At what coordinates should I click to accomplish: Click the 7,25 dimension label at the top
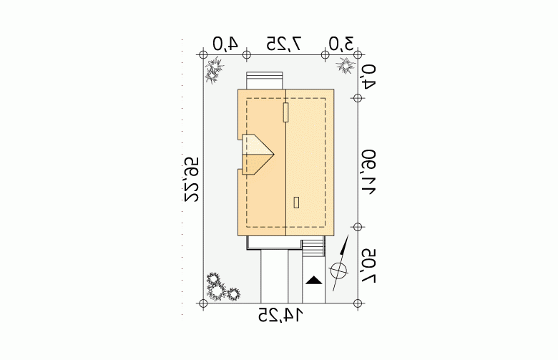[284, 44]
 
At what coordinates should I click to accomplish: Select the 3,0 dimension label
[341, 44]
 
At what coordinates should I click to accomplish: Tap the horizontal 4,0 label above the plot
[225, 44]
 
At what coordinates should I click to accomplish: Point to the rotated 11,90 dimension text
[368, 172]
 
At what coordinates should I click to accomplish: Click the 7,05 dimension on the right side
[368, 266]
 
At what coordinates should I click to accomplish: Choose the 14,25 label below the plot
[280, 315]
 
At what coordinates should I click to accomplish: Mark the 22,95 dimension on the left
[191, 180]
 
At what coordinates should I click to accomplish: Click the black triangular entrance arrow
[314, 281]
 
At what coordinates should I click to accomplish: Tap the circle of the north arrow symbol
[339, 271]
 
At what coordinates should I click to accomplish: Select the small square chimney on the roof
[296, 203]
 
